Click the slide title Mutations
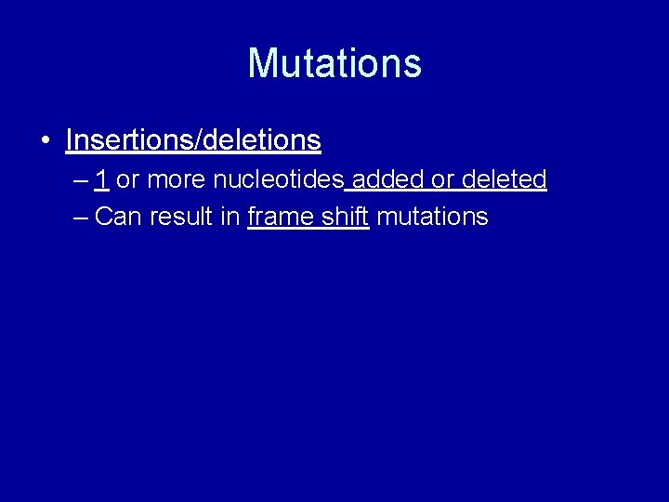[334, 63]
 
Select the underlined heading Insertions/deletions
[193, 140]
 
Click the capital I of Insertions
[70, 140]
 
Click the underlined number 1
[100, 178]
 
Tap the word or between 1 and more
[127, 179]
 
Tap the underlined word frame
[281, 217]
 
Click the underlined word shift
[346, 217]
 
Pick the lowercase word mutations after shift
[432, 217]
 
